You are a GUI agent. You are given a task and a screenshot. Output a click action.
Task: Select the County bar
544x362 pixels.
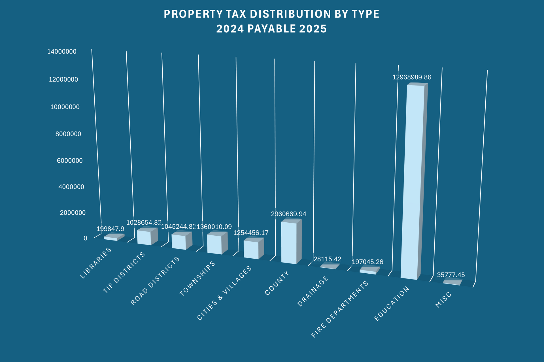tap(289, 242)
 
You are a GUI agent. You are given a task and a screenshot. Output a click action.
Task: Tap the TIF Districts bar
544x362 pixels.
tap(144, 237)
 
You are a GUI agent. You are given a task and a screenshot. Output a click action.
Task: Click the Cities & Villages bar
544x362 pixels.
tap(251, 250)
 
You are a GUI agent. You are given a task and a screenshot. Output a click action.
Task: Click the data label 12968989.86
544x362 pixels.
tap(412, 77)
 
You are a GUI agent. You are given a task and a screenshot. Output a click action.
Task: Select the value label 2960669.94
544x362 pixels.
tap(288, 214)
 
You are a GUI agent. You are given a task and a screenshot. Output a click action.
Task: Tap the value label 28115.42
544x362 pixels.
tap(327, 259)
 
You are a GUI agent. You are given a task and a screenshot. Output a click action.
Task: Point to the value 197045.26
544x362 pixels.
tap(367, 262)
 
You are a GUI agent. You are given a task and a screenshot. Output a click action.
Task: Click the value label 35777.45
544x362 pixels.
tap(451, 275)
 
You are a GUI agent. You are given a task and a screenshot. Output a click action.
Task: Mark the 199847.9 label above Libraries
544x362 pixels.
tap(110, 229)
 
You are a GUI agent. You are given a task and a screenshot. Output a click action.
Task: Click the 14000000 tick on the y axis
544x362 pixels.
tap(62, 52)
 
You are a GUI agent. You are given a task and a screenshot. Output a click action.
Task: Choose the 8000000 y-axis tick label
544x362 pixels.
tap(68, 134)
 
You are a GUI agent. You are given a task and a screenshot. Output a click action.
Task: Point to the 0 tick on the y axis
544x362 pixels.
tap(85, 238)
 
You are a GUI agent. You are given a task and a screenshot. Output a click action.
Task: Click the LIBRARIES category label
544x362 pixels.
tap(96, 263)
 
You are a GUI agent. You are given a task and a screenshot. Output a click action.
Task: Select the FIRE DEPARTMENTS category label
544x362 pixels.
tap(340, 309)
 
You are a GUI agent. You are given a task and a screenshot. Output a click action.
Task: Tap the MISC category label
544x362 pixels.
tap(443, 301)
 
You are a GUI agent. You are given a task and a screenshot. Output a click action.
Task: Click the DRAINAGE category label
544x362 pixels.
tap(313, 291)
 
